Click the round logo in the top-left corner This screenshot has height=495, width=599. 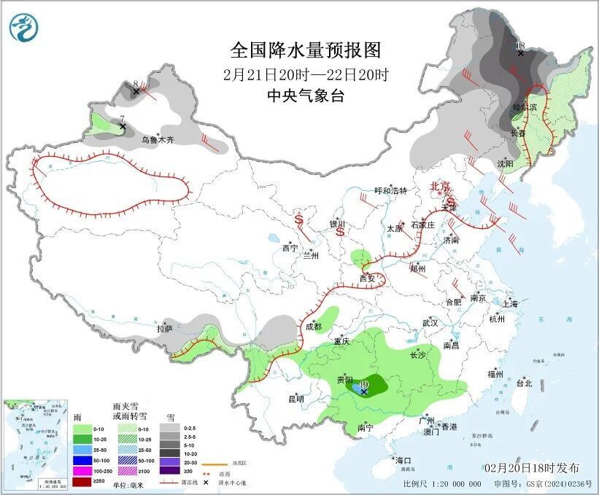tap(23, 27)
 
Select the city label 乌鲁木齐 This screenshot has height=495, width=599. tap(158, 139)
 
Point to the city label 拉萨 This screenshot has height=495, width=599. tap(164, 329)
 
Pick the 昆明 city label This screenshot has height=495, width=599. tap(295, 399)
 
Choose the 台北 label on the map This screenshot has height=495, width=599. tap(524, 383)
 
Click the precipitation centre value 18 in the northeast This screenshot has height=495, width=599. tap(520, 46)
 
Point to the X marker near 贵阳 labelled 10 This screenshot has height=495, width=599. tap(363, 391)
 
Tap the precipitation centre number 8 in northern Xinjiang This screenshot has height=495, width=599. tap(136, 84)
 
